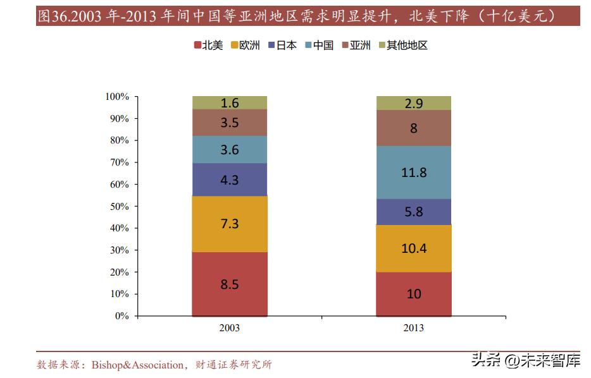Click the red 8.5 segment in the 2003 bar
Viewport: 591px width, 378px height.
[229, 284]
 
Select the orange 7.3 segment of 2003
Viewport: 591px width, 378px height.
[229, 224]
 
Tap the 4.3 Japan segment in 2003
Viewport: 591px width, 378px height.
[229, 180]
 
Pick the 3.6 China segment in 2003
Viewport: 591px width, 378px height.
[229, 149]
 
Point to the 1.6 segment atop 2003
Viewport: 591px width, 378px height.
[229, 103]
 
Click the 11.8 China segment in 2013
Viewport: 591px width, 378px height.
[413, 172]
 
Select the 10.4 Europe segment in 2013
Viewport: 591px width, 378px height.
[413, 248]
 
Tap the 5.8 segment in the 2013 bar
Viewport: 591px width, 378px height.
[413, 212]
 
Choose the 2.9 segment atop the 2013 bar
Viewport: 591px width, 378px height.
[413, 103]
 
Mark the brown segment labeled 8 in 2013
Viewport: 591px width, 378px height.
[413, 128]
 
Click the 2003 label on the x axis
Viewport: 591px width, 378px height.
[229, 328]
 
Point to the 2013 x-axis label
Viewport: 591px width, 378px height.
[413, 328]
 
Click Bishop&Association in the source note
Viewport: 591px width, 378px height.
[137, 365]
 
